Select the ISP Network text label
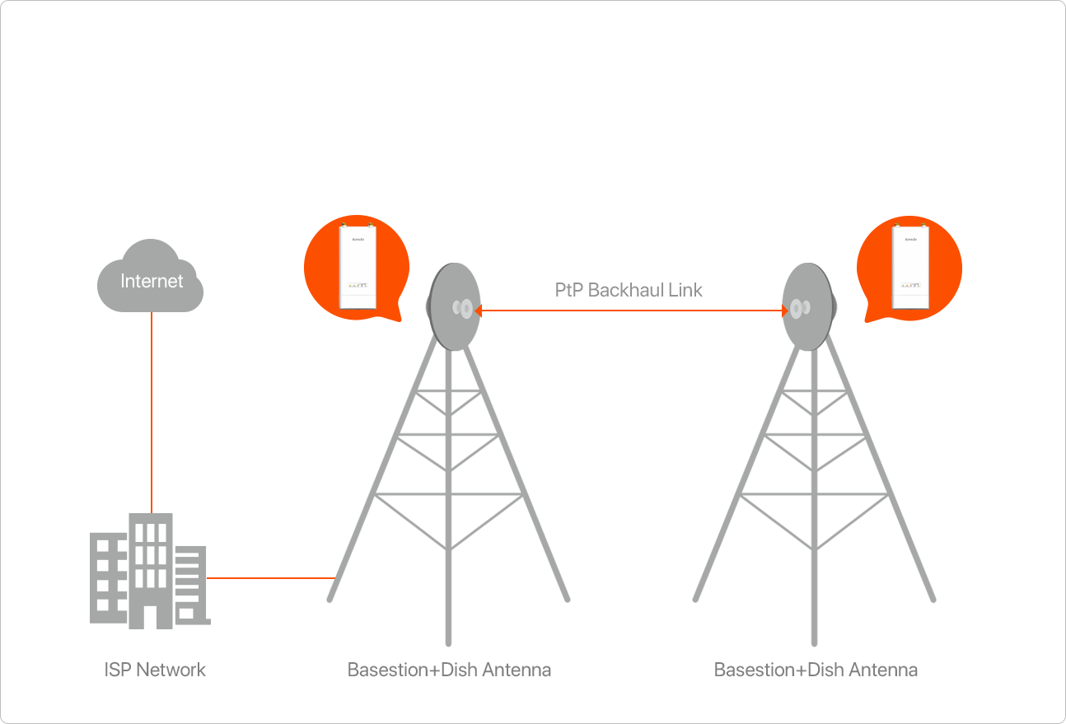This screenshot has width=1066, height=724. pyautogui.click(x=155, y=669)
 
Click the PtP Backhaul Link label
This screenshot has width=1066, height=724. pyautogui.click(x=629, y=290)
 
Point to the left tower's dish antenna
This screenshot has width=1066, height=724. pyautogui.click(x=452, y=307)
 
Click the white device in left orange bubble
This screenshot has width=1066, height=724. pyautogui.click(x=358, y=267)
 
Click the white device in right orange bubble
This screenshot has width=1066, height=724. pyautogui.click(x=910, y=267)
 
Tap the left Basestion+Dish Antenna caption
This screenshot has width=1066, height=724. pyautogui.click(x=449, y=669)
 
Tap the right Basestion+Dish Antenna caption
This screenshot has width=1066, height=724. pyautogui.click(x=816, y=669)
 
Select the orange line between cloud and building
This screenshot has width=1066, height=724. pyautogui.click(x=152, y=412)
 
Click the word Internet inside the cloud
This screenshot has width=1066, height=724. pyautogui.click(x=152, y=281)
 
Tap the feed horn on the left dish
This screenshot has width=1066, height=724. pyautogui.click(x=462, y=309)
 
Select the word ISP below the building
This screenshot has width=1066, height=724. pyautogui.click(x=117, y=669)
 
